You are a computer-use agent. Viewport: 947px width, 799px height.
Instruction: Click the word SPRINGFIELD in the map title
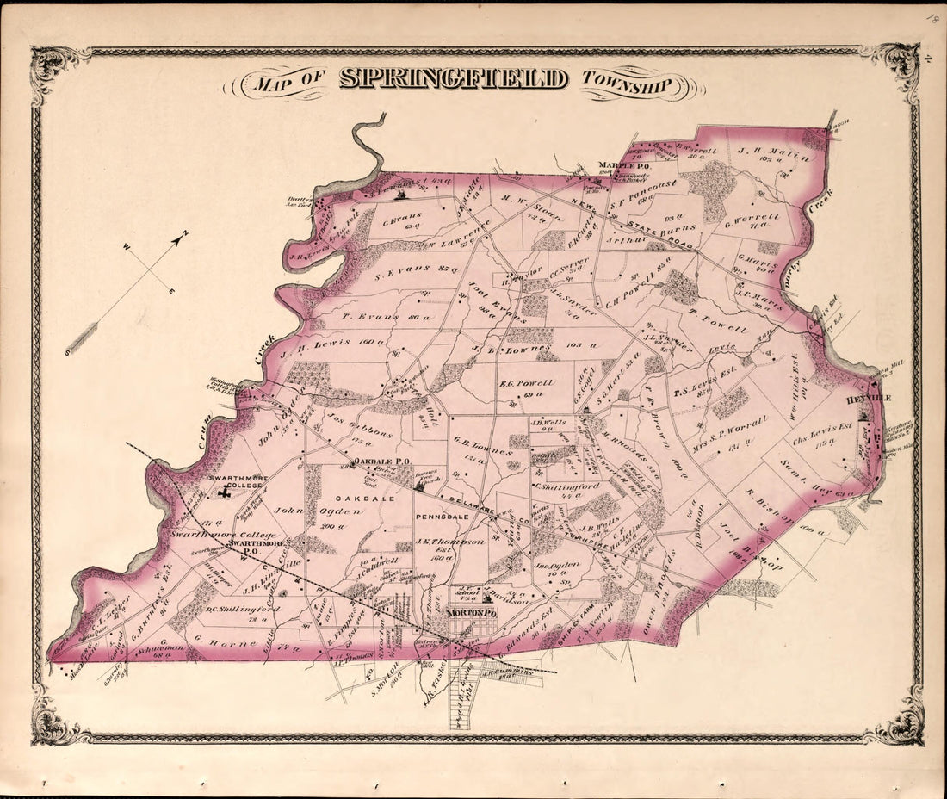pyautogui.click(x=454, y=79)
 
